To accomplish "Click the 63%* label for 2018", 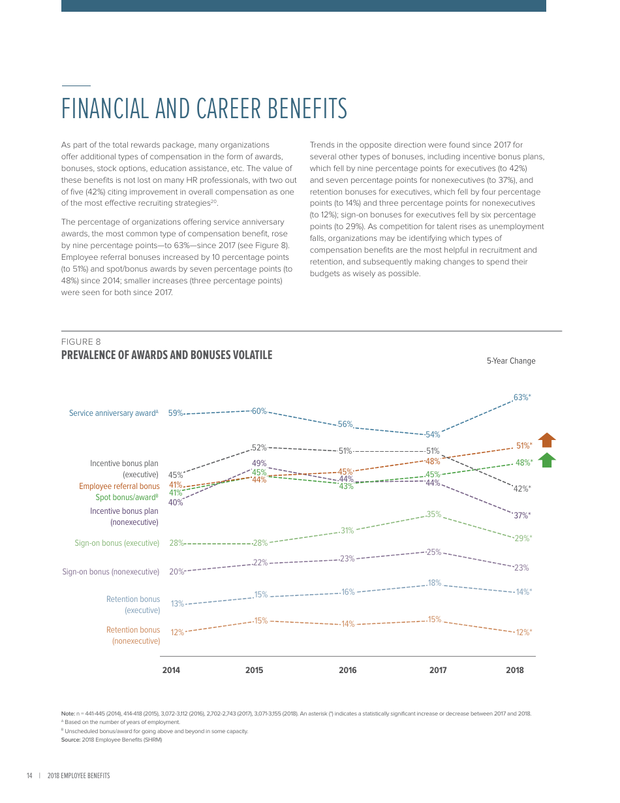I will pos(522,398).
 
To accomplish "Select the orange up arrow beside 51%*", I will pos(547,439).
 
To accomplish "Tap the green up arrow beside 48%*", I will pos(547,460).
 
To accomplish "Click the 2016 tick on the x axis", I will pos(348,670).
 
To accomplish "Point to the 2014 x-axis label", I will pos(171,670).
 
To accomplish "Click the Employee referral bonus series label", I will pos(119,486).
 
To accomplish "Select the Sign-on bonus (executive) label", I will pos(117,543).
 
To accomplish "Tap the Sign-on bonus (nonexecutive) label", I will pos(110,572).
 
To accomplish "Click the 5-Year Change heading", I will pos(510,361).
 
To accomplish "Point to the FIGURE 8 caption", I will pos(81,342).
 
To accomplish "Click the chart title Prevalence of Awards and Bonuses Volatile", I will pos(166,355).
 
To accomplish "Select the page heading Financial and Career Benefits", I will pos(204,109).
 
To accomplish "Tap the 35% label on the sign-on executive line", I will pos(434,514).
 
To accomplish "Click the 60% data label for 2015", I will pos(259,411).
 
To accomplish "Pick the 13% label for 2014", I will pos(177,604).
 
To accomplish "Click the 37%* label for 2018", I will pos(522,515).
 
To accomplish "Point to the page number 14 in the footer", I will pos(29,776).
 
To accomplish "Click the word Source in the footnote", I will pos(70,740).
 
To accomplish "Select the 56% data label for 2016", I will pos(345,424).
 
